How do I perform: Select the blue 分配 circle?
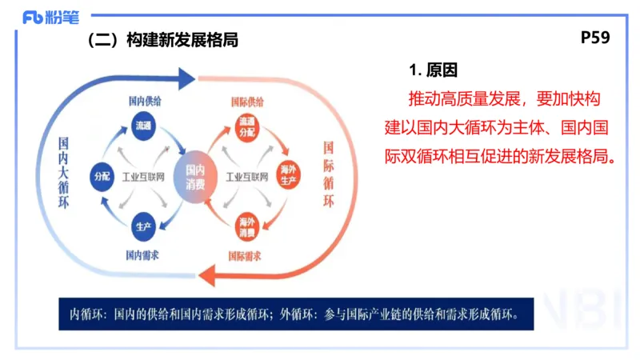coord(102,174)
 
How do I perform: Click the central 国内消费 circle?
coord(195,175)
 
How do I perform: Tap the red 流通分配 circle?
coord(246,126)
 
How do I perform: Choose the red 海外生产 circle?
coord(289,175)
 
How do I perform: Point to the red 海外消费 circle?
coord(246,226)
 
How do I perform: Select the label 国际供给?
coord(246,102)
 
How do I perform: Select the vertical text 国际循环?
coord(328,175)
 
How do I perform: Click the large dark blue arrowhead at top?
coord(186,78)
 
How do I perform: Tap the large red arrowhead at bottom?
coord(207,276)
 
